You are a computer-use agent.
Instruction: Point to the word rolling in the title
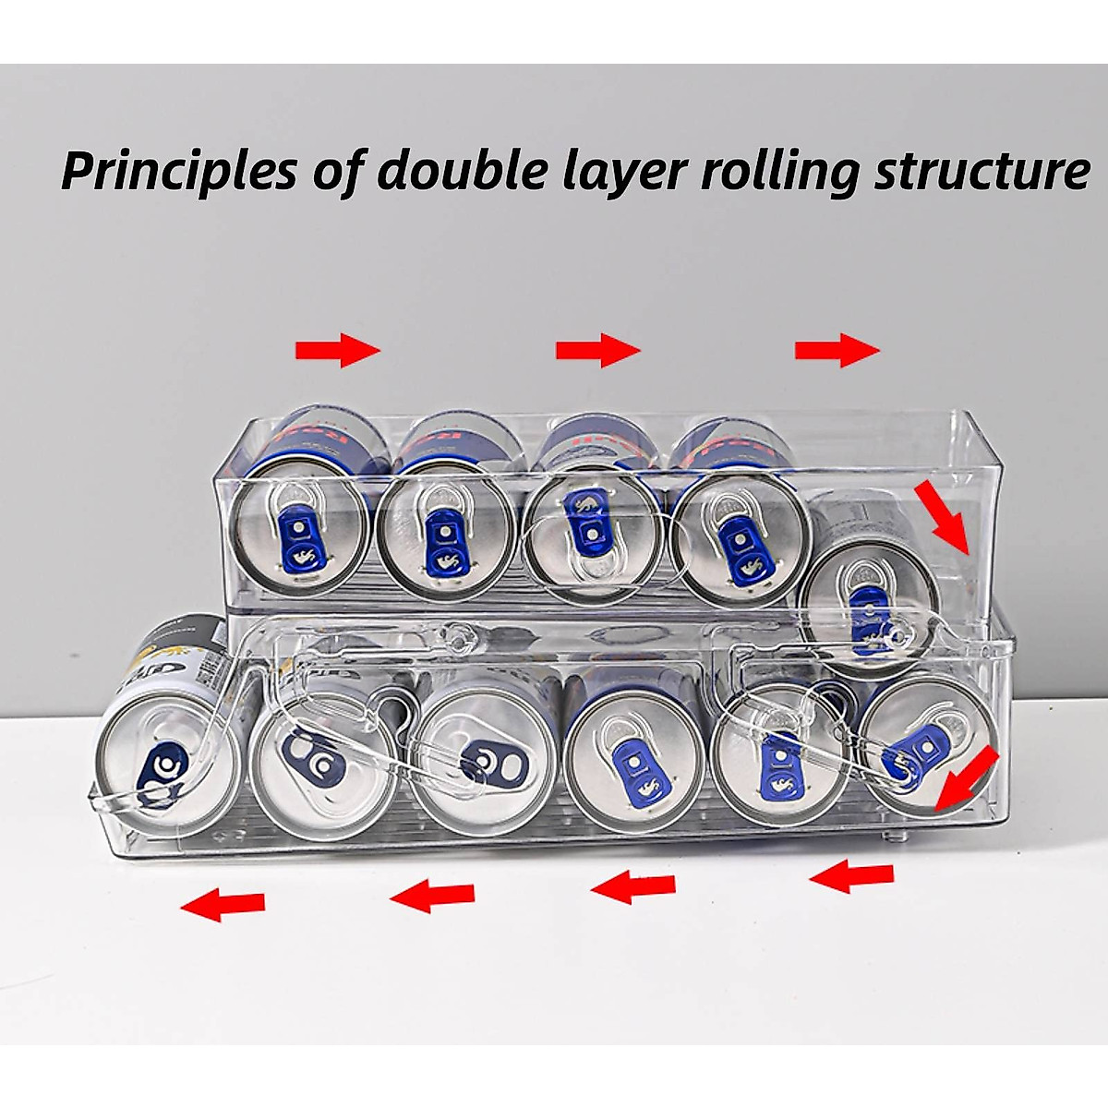point(783,173)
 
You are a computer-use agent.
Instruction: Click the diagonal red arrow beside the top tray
point(942,516)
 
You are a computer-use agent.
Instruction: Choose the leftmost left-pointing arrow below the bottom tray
point(223,903)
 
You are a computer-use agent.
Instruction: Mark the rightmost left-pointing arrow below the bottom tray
point(851,875)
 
